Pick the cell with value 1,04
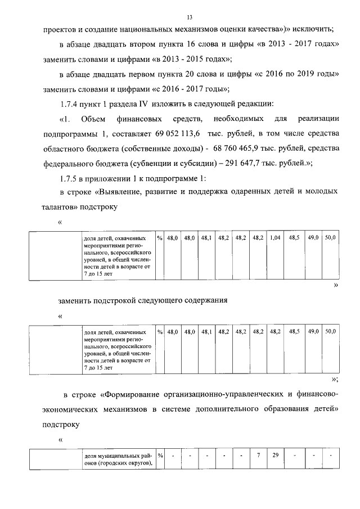click(x=275, y=238)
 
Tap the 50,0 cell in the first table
click(x=330, y=238)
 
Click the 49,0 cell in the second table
click(x=313, y=332)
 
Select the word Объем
click(x=93, y=119)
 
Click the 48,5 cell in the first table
click(x=294, y=238)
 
